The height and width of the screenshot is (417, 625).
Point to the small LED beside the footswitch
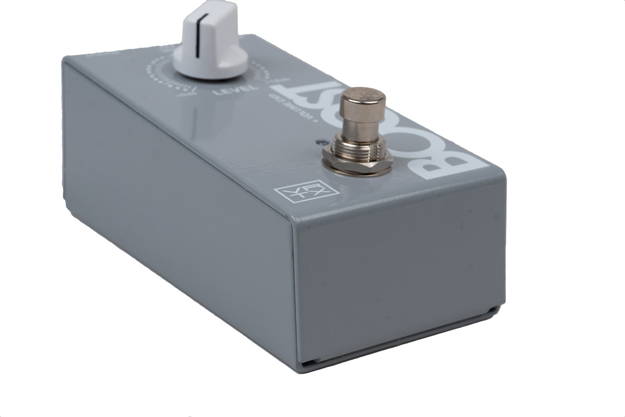[319, 142]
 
